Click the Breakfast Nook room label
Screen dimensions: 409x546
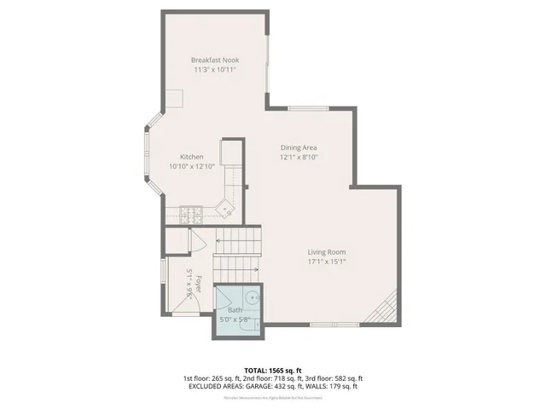pyautogui.click(x=214, y=60)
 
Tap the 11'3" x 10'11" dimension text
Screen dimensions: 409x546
pyautogui.click(x=214, y=70)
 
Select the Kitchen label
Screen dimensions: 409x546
pyautogui.click(x=191, y=157)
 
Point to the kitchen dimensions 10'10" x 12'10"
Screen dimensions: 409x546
pyautogui.click(x=191, y=167)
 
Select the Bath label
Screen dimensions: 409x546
pyautogui.click(x=234, y=310)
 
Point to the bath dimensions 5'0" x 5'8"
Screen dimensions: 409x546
pyautogui.click(x=234, y=320)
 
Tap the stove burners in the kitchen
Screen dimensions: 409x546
pyautogui.click(x=189, y=211)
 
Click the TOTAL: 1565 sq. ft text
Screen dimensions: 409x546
pyautogui.click(x=273, y=370)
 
